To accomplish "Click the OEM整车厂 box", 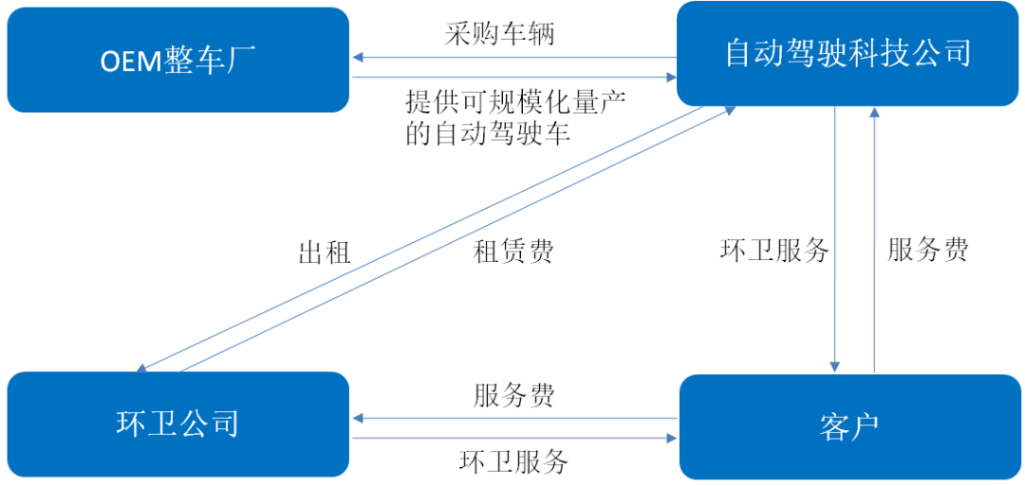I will click(177, 60).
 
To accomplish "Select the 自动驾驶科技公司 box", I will click(848, 53).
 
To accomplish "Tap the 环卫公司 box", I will click(177, 423).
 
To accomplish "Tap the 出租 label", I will click(325, 252).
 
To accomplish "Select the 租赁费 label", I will click(512, 252).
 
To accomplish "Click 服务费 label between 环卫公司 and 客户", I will click(513, 395).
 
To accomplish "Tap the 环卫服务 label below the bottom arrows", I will click(513, 462).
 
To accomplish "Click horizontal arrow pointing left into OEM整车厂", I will click(512, 57).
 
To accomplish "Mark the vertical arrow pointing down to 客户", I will click(835, 237).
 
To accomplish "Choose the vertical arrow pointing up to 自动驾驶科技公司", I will click(874, 237).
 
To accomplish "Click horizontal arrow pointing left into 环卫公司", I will click(512, 418).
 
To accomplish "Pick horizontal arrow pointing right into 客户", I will click(512, 439).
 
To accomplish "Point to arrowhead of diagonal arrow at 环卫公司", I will click(140, 369).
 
